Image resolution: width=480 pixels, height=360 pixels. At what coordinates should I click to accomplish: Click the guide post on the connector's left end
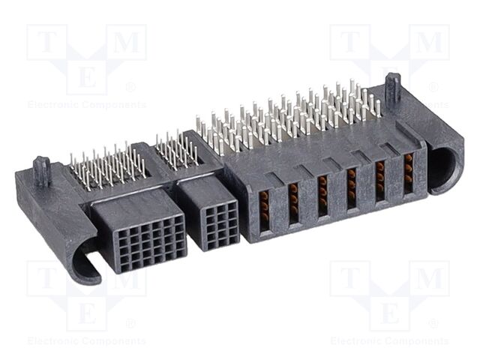click(42, 171)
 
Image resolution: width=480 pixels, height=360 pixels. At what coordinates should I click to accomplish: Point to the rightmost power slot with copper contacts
click(408, 173)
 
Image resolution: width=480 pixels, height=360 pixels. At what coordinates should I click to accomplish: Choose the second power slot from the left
click(293, 202)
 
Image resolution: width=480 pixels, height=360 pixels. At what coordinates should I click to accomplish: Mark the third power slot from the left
click(322, 195)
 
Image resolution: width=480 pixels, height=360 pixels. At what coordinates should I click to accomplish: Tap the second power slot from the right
click(379, 181)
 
